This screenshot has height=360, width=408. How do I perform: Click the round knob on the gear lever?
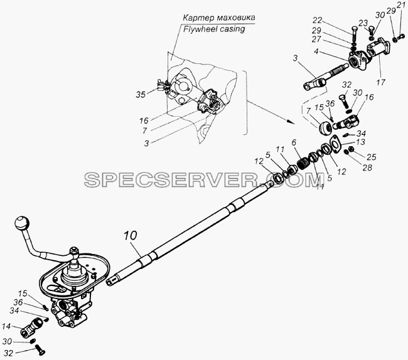coord(22,223)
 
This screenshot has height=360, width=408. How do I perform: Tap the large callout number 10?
coord(130,236)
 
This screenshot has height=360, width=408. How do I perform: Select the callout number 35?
coord(141,95)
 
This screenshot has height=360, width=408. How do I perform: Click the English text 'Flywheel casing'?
coord(214,29)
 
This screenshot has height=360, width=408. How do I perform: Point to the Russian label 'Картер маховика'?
coord(219,18)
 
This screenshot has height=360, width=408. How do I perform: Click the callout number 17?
coord(380,83)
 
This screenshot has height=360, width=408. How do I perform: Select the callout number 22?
coord(317,20)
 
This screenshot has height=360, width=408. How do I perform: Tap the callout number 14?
coord(6,326)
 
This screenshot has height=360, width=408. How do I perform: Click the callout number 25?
coord(372,157)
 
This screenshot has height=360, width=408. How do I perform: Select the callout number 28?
coord(367,167)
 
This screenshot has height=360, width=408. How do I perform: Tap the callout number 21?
coord(400,4)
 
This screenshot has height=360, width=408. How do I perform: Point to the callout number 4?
coord(316,51)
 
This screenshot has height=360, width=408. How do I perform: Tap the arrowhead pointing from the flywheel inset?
coord(292,122)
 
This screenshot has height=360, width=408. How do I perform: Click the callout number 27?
coord(317,40)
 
